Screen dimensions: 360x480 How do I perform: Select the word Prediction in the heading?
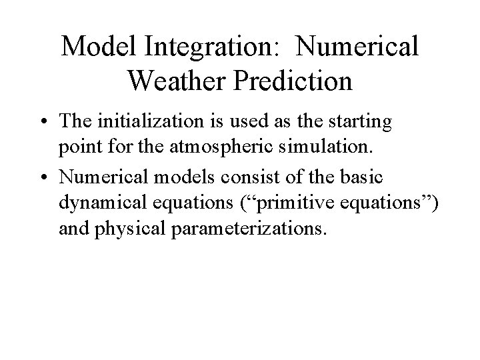pyautogui.click(x=293, y=81)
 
